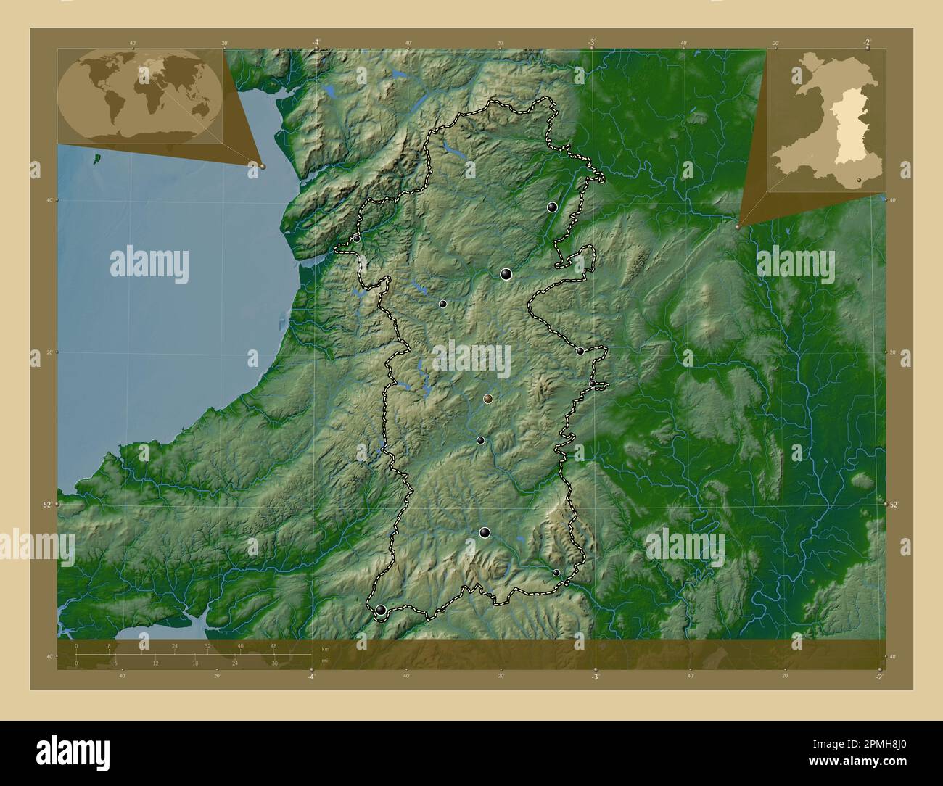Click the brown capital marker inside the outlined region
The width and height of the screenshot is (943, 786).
click(487, 399)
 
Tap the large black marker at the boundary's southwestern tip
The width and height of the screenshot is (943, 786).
click(381, 611)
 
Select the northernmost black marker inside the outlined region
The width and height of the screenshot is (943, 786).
click(552, 207)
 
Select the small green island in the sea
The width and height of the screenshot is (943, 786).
click(96, 154)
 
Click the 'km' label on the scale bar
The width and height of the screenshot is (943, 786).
click(326, 649)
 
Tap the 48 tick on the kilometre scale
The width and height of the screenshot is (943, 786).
click(273, 645)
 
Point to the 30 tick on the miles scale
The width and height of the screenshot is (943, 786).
click(274, 663)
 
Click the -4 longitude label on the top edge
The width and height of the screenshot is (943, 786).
click(316, 42)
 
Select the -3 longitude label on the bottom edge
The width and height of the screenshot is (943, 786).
click(595, 677)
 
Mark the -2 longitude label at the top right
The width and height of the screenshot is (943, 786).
click(868, 42)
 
